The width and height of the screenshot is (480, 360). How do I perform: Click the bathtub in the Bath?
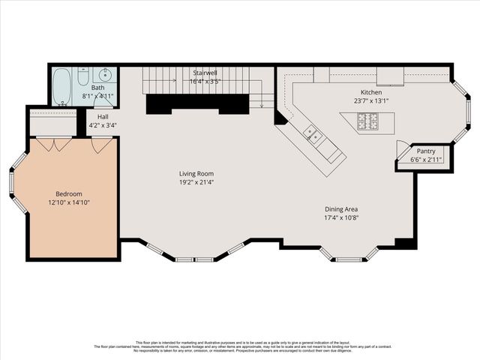(62, 86)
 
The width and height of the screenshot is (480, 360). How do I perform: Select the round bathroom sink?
(105, 75)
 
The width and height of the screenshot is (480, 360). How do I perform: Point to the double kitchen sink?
(313, 136)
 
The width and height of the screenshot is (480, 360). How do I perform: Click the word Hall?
(103, 117)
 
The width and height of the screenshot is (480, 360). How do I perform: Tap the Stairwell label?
(205, 73)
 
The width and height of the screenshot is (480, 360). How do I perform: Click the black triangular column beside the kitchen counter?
(281, 118)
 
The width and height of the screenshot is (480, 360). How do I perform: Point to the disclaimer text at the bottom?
(240, 346)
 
